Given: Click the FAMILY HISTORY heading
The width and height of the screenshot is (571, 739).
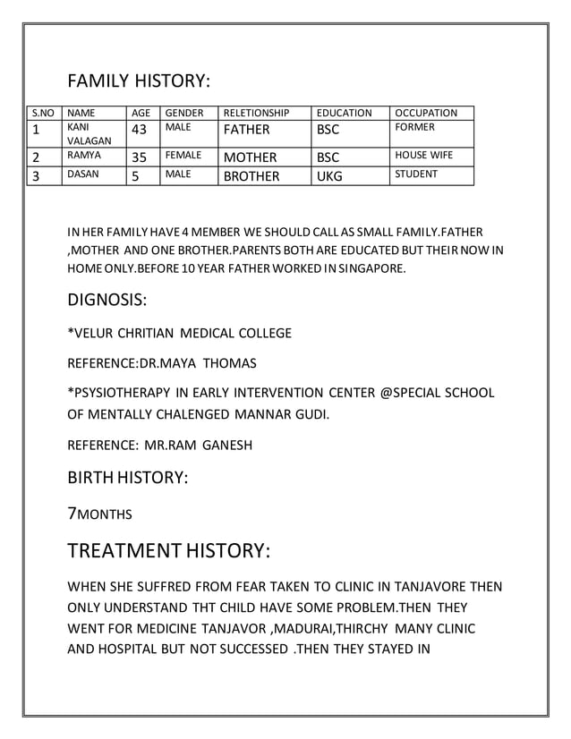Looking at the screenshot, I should click(x=139, y=81).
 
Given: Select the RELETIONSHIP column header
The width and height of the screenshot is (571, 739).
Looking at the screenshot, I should click(x=256, y=114).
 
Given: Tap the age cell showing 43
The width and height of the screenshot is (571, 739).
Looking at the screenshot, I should click(x=140, y=131).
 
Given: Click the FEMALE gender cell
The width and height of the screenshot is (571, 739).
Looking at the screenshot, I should click(x=183, y=156).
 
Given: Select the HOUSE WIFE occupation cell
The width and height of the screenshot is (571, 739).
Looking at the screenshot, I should click(x=423, y=156).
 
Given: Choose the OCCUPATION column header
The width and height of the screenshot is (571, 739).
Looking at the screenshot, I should click(x=426, y=114).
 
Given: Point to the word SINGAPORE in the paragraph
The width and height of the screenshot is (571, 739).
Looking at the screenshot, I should click(x=371, y=267).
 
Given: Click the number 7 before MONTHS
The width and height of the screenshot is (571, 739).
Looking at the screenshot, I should click(x=72, y=514).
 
